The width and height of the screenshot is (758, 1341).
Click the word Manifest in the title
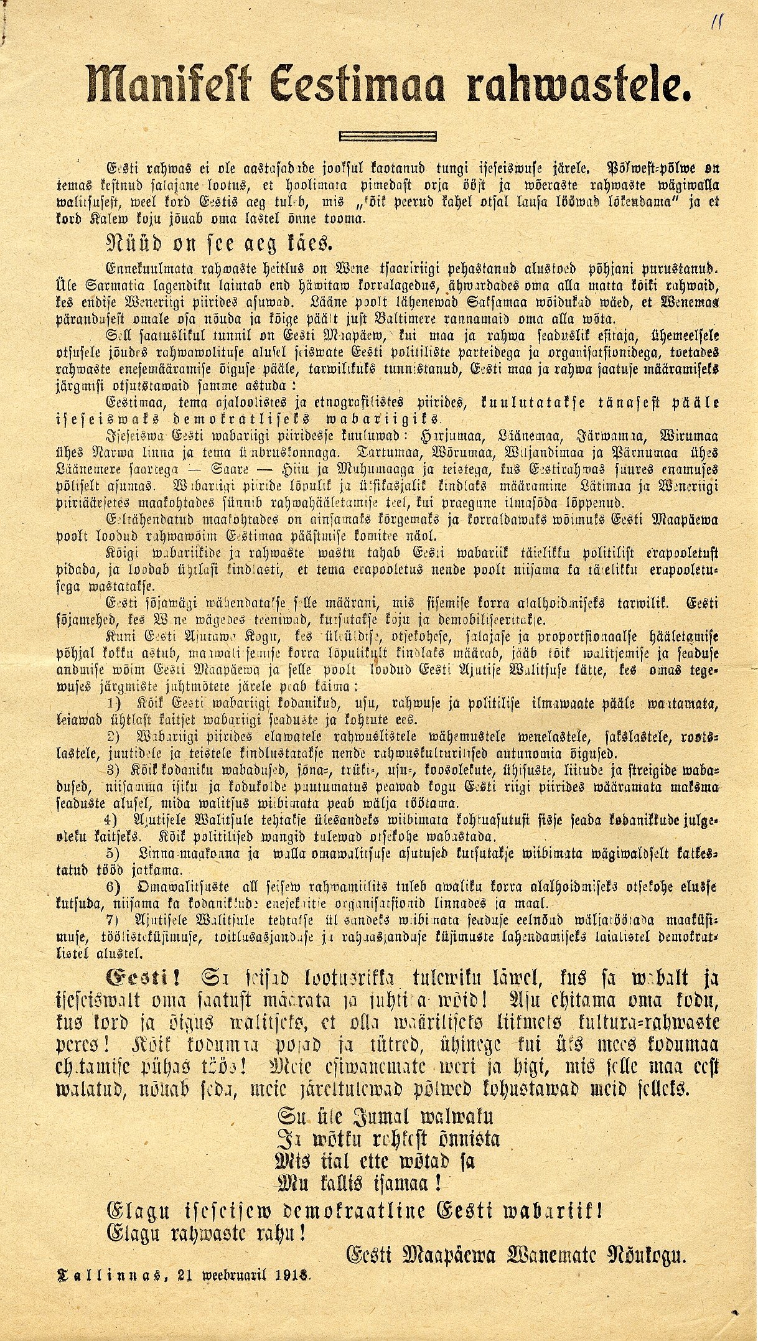(x=167, y=84)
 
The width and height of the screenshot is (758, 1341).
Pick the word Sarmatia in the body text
(x=103, y=287)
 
